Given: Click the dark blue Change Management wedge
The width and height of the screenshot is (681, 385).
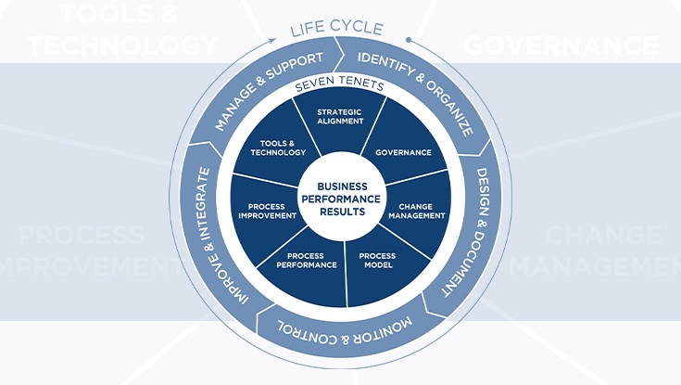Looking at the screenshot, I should pos(416,211).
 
